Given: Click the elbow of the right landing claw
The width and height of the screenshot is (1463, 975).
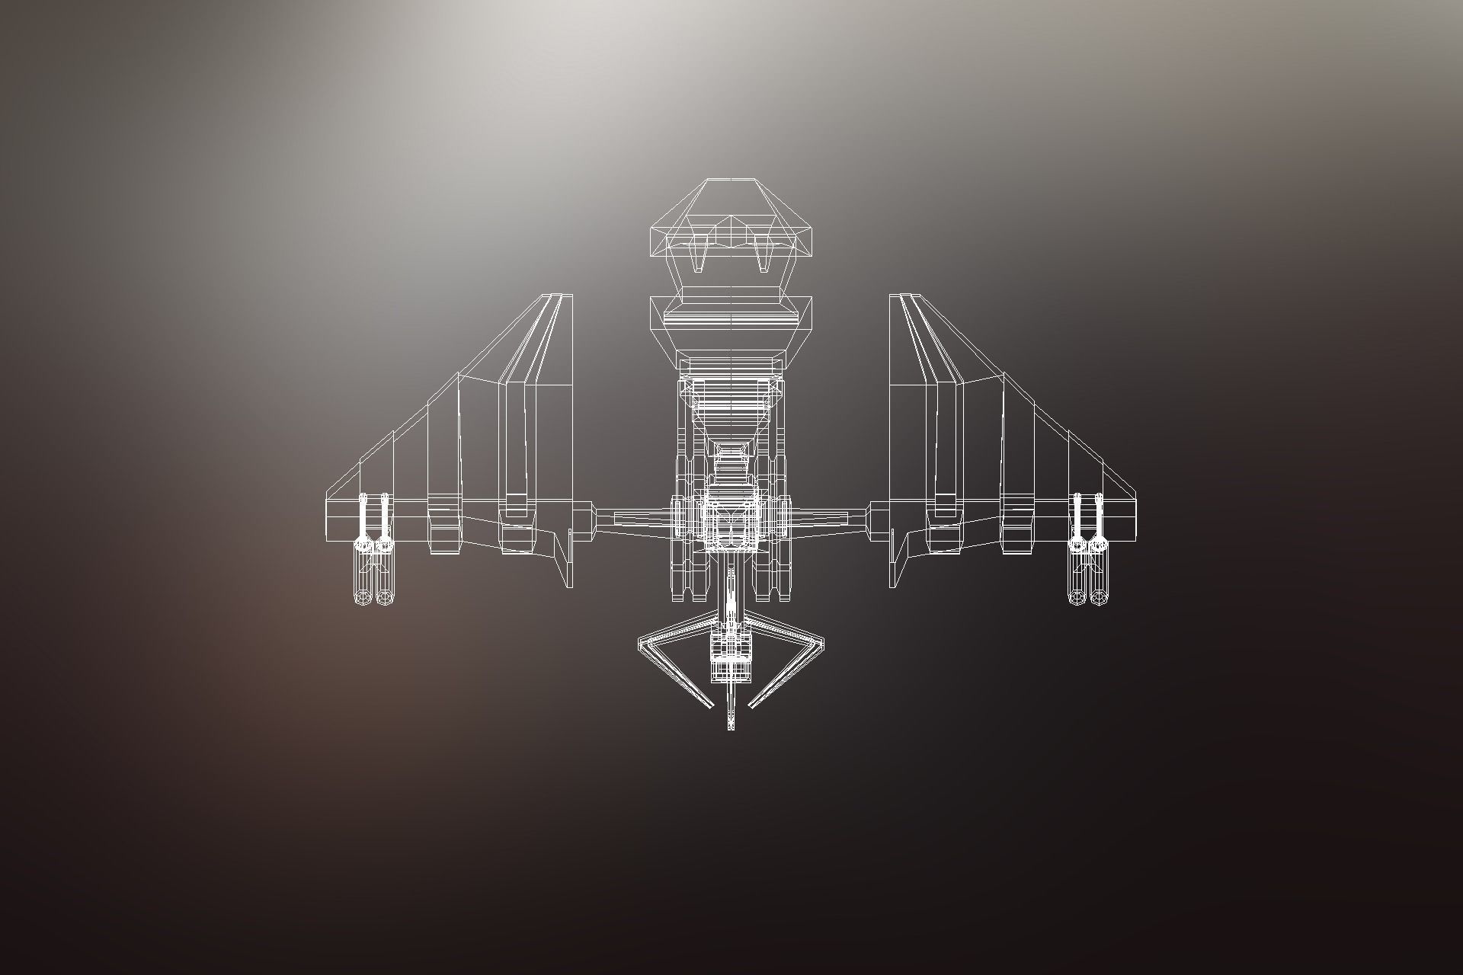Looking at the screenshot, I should pyautogui.click(x=821, y=644).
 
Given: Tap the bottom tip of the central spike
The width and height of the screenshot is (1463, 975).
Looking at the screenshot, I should pyautogui.click(x=731, y=727).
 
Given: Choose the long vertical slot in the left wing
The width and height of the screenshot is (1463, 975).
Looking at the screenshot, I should pyautogui.click(x=516, y=442).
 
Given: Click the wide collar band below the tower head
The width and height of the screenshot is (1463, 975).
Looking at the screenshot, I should pyautogui.click(x=730, y=314).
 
